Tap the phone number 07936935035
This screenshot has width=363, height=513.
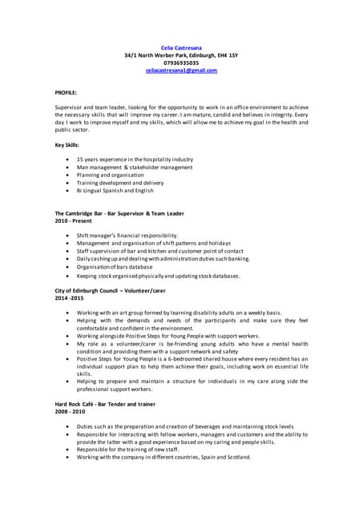click(181, 63)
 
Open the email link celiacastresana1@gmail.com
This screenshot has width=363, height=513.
click(181, 71)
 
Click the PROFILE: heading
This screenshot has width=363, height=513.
click(66, 93)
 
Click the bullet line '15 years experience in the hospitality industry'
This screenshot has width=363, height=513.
click(135, 160)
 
